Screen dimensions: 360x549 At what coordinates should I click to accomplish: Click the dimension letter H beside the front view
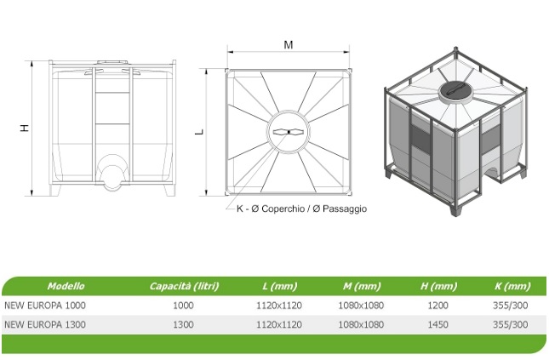(x=25, y=127)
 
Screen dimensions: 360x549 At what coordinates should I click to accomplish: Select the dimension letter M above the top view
(x=289, y=45)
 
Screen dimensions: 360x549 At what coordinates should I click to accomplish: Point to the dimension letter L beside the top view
(x=199, y=132)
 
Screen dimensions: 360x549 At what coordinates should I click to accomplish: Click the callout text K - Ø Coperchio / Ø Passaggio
(x=301, y=209)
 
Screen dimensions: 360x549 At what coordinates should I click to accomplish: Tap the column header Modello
(x=66, y=286)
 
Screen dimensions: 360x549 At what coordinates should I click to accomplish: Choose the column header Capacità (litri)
(x=182, y=286)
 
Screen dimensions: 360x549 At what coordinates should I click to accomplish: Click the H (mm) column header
(x=438, y=286)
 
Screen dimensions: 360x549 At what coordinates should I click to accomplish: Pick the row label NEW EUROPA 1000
(x=45, y=305)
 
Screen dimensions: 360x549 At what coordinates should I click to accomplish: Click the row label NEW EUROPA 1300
(x=45, y=324)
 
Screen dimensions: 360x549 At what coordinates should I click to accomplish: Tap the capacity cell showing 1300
(x=183, y=324)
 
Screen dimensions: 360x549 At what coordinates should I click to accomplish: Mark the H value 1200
(x=437, y=305)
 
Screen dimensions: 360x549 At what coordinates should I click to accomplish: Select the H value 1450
(x=437, y=324)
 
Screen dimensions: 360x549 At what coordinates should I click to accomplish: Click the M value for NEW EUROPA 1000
(x=362, y=305)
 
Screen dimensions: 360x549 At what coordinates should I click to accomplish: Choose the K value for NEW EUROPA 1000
(x=511, y=305)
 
